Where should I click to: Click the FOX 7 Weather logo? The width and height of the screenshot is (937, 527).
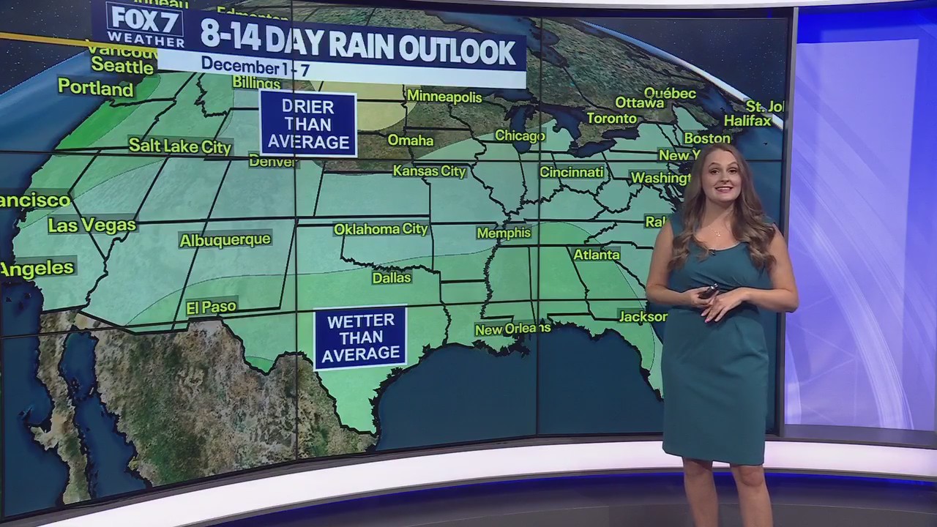tap(144, 24)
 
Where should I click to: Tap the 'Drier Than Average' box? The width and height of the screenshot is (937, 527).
tap(308, 124)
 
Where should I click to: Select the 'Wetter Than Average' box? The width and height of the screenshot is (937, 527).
tap(361, 337)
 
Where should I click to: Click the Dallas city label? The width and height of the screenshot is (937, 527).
tap(392, 277)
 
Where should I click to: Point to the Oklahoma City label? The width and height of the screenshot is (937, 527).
tap(381, 229)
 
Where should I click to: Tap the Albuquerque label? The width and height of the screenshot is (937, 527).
tap(225, 240)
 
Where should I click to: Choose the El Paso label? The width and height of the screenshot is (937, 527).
tap(211, 307)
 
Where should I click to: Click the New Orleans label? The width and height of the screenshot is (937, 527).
tap(512, 329)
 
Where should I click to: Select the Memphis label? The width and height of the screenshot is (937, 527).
tap(504, 233)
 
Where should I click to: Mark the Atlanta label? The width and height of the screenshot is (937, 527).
tap(596, 255)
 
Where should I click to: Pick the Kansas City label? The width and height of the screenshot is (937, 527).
tap(429, 171)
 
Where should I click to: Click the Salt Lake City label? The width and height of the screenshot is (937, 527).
tap(180, 146)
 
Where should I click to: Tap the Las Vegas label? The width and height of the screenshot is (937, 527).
tap(92, 225)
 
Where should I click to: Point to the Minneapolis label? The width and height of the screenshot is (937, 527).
tap(444, 97)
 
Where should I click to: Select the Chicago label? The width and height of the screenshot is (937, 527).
tap(520, 135)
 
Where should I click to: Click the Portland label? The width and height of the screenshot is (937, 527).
tap(96, 89)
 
